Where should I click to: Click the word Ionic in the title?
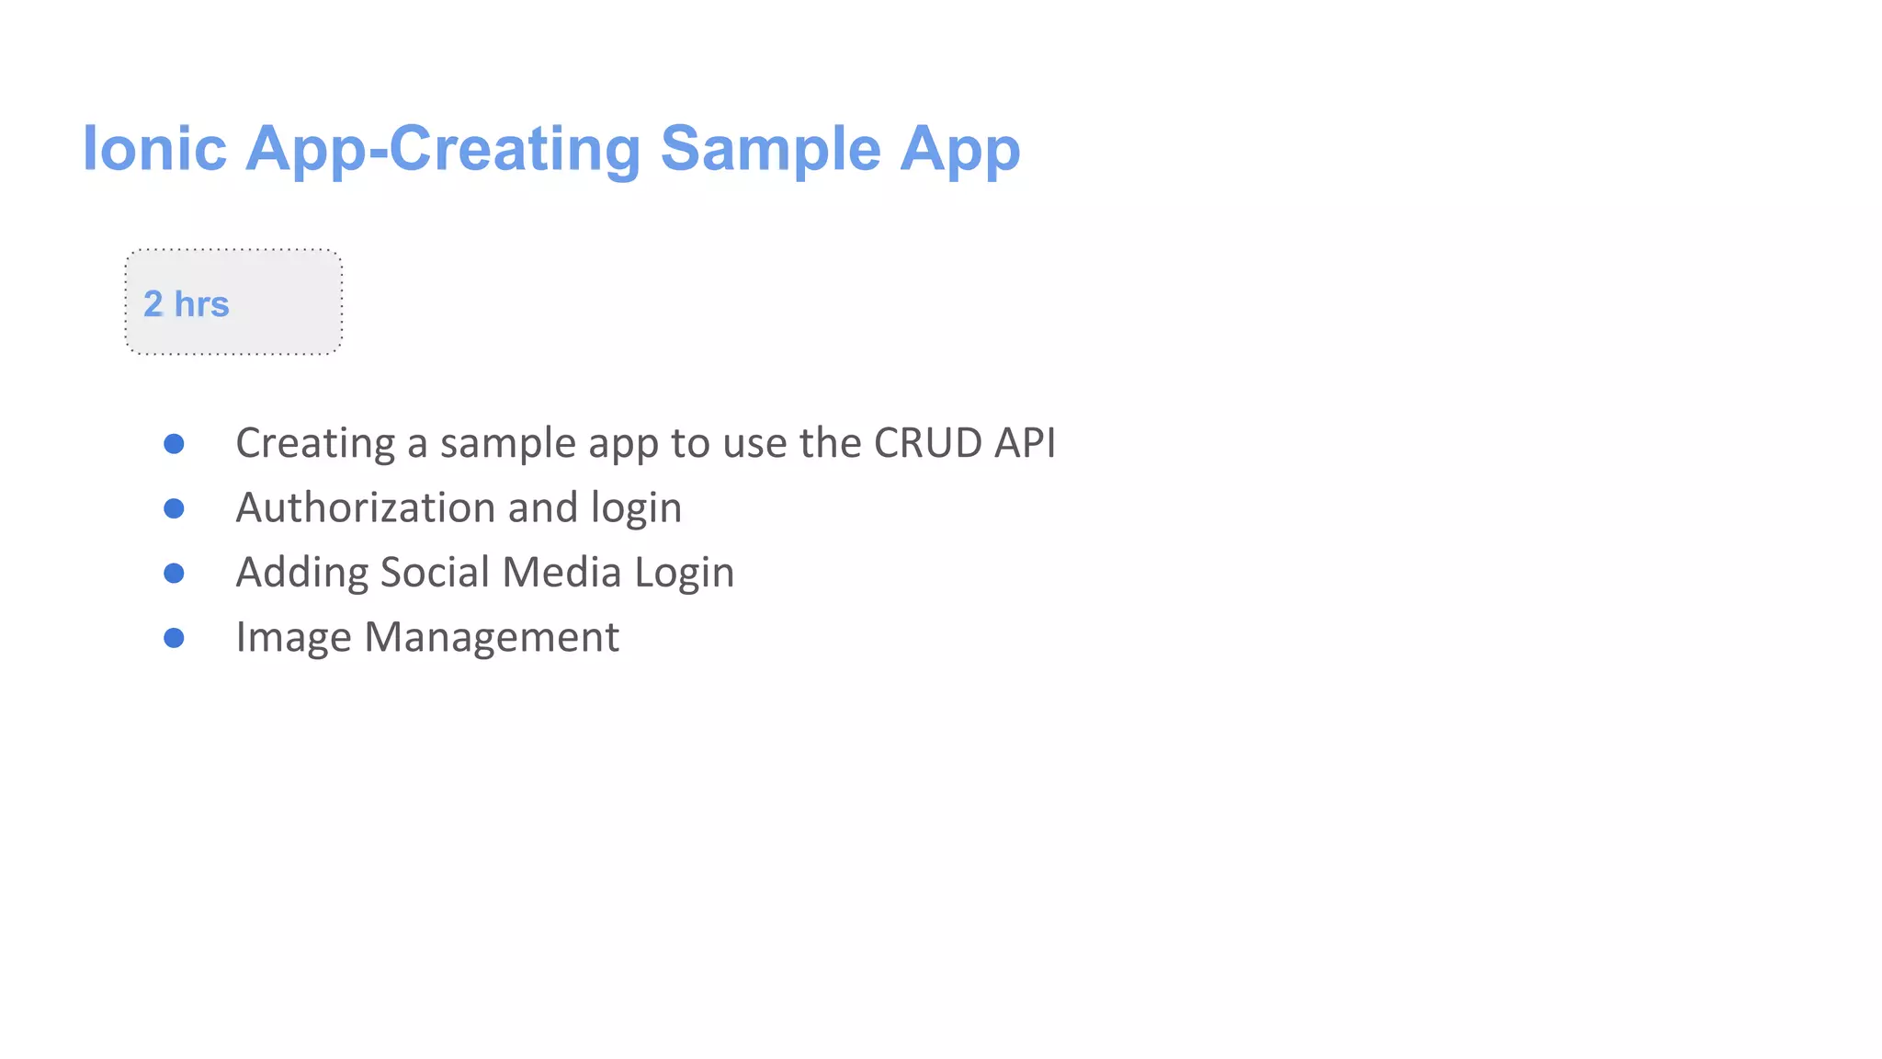coord(154,148)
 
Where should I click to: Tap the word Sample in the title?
coord(770,148)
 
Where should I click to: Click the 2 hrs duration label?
coord(186,303)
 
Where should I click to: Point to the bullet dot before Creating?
coord(174,444)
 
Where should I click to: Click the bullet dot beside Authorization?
coord(174,508)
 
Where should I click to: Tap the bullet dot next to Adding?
coord(174,574)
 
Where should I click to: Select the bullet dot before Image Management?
coord(174,638)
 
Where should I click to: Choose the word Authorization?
coord(365,507)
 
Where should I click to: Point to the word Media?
coord(561,572)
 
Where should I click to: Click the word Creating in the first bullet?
coord(315,444)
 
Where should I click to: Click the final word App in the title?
coord(959,148)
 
